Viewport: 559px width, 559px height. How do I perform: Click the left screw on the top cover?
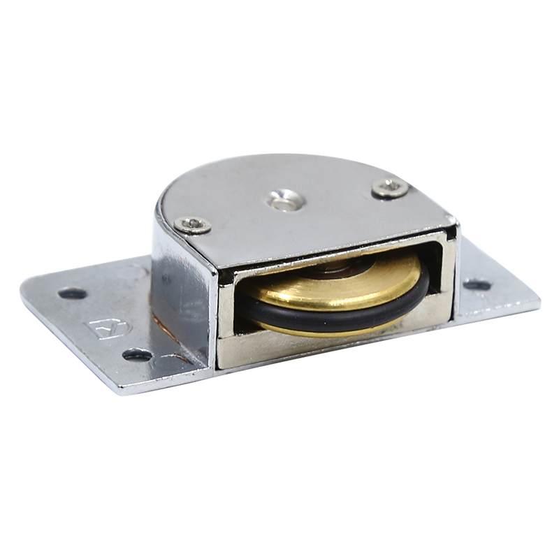(x=193, y=224)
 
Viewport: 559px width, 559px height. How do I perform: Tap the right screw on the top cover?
(x=390, y=187)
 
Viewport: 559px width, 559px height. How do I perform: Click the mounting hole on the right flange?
(x=477, y=285)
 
